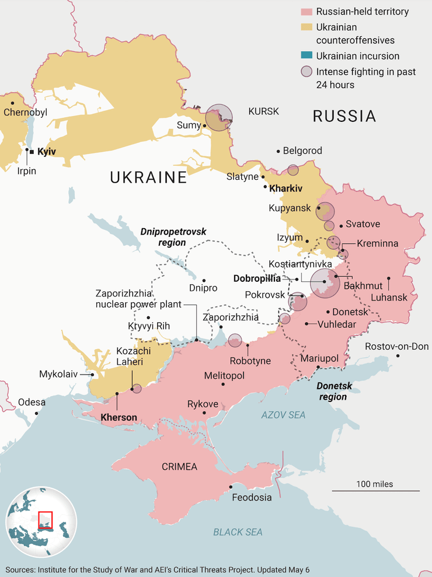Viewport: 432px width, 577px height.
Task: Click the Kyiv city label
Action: pyautogui.click(x=46, y=152)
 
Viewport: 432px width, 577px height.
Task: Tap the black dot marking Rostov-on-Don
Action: pyautogui.click(x=398, y=356)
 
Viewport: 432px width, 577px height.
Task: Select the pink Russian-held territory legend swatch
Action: pyautogui.click(x=307, y=12)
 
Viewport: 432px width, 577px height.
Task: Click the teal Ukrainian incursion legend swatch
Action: pyautogui.click(x=307, y=56)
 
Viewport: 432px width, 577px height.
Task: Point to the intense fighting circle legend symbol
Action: pyautogui.click(x=307, y=72)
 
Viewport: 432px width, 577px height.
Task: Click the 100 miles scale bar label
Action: pyautogui.click(x=375, y=484)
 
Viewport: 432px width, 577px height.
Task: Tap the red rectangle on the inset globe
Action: pyautogui.click(x=45, y=520)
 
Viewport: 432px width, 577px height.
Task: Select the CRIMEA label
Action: pyautogui.click(x=179, y=467)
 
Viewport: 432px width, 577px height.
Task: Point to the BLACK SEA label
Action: pyautogui.click(x=238, y=532)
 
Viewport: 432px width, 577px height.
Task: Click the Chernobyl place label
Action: pyautogui.click(x=25, y=112)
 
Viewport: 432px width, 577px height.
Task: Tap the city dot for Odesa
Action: pyautogui.click(x=36, y=413)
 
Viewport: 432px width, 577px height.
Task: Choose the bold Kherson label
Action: pyautogui.click(x=119, y=418)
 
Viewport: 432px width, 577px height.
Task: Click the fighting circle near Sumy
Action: pyautogui.click(x=219, y=117)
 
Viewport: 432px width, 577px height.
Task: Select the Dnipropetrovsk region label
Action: pyautogui.click(x=173, y=237)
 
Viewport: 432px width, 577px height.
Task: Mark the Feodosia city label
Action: pyautogui.click(x=252, y=498)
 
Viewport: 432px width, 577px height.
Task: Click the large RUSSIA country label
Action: pyautogui.click(x=344, y=116)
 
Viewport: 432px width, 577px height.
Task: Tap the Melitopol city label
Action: pyautogui.click(x=224, y=376)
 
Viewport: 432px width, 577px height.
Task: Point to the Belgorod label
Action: pyautogui.click(x=302, y=151)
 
